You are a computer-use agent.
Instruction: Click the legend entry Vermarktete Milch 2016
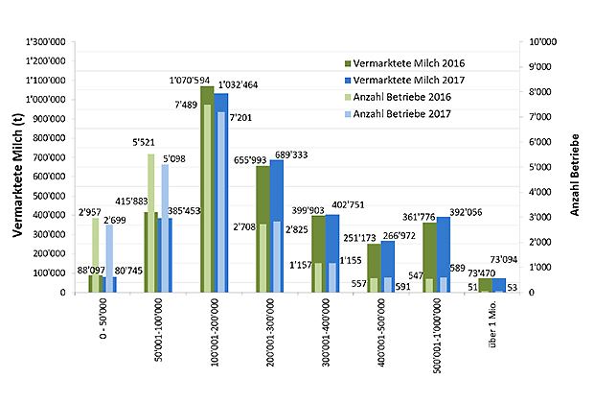(x=407, y=63)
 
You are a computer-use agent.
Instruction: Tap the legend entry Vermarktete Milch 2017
(x=407, y=80)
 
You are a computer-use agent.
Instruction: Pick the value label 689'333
(x=295, y=154)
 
